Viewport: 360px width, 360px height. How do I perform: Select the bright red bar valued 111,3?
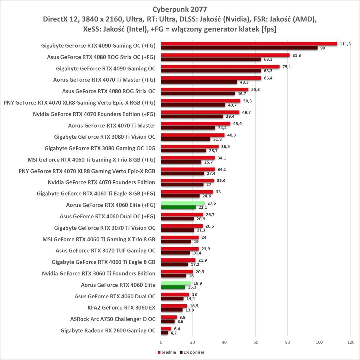(249, 44)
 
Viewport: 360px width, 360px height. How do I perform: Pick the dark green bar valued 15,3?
(173, 287)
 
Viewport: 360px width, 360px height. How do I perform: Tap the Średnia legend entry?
(167, 352)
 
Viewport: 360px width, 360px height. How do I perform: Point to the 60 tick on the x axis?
(256, 342)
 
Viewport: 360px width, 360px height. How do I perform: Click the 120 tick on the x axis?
(350, 342)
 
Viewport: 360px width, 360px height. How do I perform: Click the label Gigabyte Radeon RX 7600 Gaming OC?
(108, 331)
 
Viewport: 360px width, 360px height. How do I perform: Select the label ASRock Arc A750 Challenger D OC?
(113, 319)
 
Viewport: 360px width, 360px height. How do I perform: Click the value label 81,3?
(296, 55)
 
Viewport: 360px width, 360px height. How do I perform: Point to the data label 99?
(322, 48)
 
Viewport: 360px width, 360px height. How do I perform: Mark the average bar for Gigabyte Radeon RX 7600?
(166, 329)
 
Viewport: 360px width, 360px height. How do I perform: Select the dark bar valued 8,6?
(168, 321)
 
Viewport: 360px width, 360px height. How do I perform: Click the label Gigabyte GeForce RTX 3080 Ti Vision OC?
(105, 137)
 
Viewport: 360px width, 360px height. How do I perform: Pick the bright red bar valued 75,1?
(220, 67)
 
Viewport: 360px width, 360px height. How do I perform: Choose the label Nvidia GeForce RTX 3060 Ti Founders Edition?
(99, 274)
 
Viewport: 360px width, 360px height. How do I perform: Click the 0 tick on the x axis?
(161, 342)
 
